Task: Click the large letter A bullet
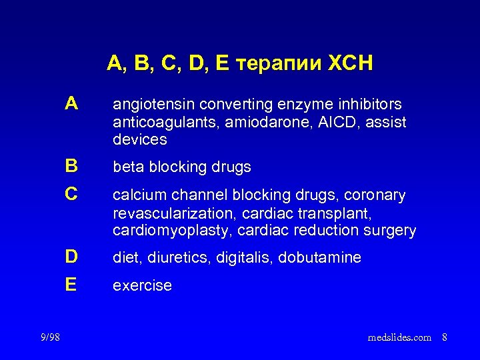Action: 72,104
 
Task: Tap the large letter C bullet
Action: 72,195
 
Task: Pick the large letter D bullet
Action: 72,256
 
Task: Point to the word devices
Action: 140,140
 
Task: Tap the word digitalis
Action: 244,257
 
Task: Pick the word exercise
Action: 142,286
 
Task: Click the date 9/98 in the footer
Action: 49,337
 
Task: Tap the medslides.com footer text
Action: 399,338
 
